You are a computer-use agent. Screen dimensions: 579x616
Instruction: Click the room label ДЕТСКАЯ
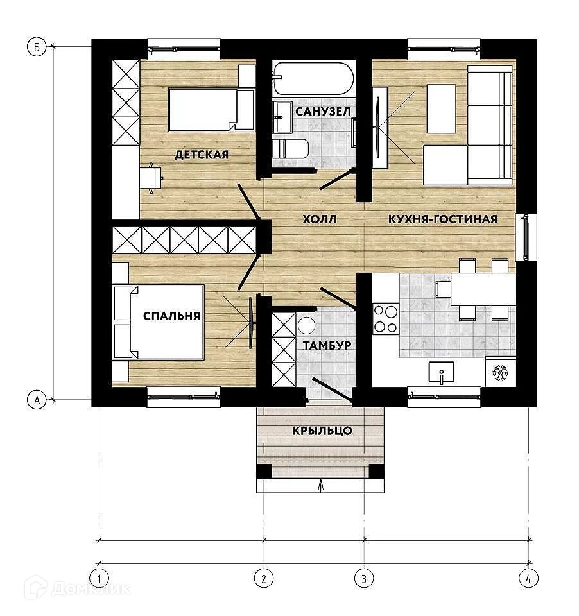(202, 155)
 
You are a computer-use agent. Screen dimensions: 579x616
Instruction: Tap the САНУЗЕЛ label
(323, 112)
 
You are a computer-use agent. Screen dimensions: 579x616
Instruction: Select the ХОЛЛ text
(320, 219)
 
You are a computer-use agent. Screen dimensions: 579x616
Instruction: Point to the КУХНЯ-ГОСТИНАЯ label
(443, 219)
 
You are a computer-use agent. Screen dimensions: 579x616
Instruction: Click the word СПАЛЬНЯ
(171, 316)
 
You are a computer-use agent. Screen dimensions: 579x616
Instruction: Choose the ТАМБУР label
(327, 345)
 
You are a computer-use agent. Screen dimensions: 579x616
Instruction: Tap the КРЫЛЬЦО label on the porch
(322, 431)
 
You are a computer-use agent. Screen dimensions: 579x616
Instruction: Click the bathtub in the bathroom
(313, 78)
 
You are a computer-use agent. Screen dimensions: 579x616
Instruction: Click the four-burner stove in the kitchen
(385, 319)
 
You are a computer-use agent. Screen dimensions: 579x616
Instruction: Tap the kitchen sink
(442, 372)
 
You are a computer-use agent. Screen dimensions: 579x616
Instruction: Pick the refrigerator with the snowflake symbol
(501, 372)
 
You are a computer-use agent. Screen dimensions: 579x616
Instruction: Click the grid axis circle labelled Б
(37, 47)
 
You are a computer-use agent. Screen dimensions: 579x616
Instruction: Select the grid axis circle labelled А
(37, 400)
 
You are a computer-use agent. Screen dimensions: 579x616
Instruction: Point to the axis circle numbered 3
(364, 578)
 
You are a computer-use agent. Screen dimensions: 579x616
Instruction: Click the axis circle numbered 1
(99, 578)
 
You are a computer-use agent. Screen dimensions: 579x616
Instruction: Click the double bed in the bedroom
(159, 323)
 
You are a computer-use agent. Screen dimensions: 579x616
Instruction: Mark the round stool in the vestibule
(306, 326)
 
